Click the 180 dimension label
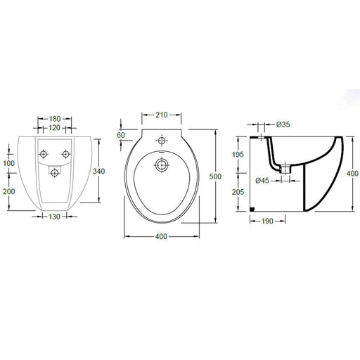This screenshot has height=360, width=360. (x=55, y=119)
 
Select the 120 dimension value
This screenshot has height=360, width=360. (x=54, y=128)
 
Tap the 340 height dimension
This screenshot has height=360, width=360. (x=98, y=172)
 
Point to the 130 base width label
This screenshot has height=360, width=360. (x=54, y=217)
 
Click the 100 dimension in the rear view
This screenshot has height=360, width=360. (x=8, y=163)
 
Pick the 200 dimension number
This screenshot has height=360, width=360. (x=9, y=191)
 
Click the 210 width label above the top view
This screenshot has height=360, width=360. (x=162, y=115)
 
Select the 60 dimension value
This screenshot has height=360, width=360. (x=121, y=135)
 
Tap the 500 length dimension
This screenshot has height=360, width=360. (x=215, y=176)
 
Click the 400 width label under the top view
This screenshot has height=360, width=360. (x=161, y=236)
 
